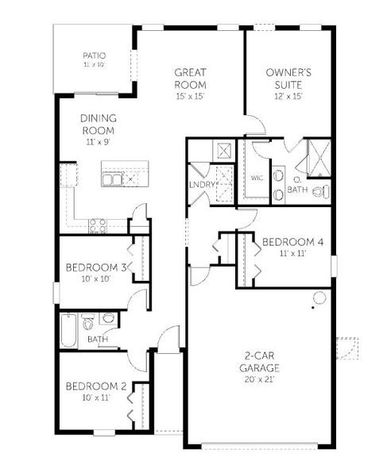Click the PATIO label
coord(95,56)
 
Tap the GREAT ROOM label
coord(191,79)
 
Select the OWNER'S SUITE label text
coord(288,79)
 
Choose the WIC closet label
coord(256,178)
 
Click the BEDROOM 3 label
coord(96,267)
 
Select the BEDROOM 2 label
coord(96,386)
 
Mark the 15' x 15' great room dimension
coord(191,96)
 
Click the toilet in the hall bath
coord(89,323)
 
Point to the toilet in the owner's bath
coord(319,191)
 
